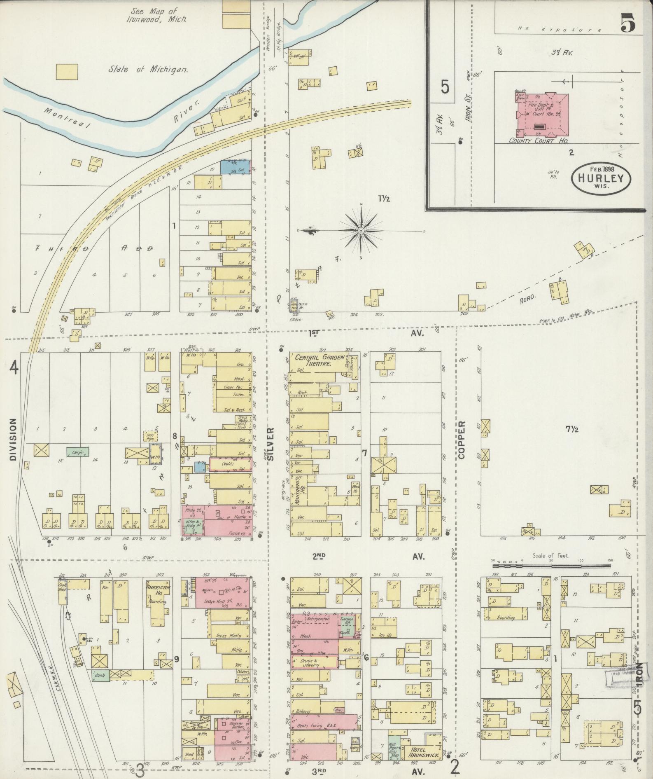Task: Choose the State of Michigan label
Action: (x=148, y=70)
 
